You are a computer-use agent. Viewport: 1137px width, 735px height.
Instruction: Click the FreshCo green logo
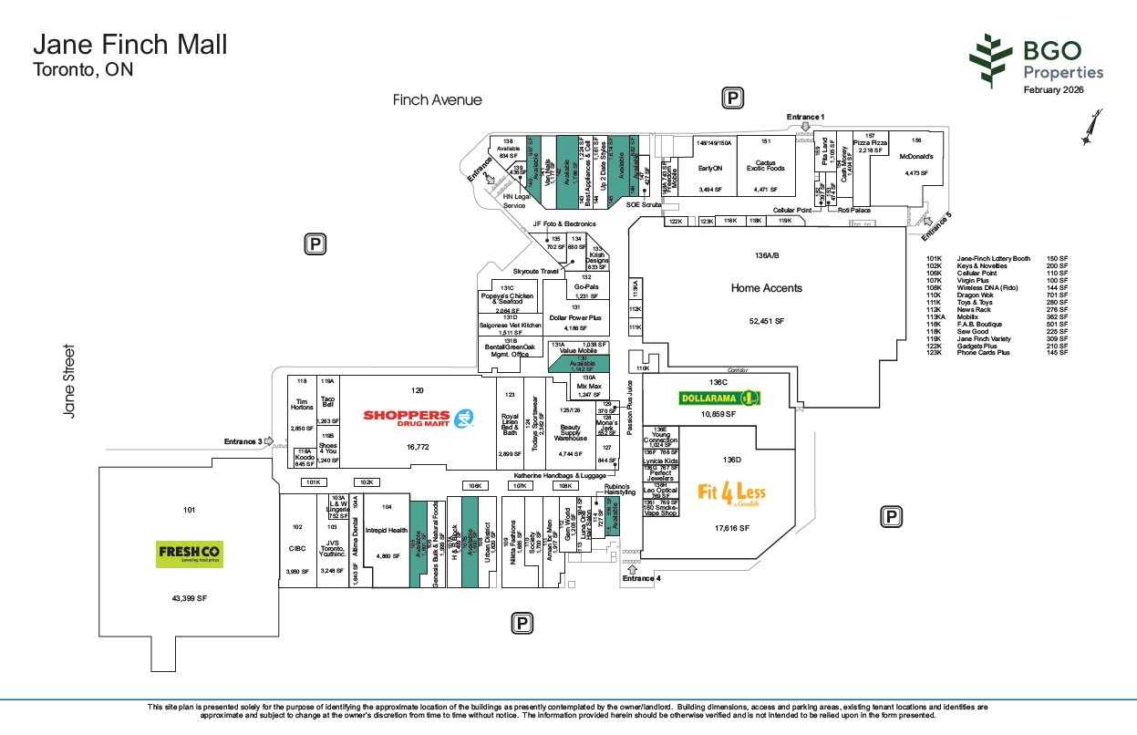[189, 554]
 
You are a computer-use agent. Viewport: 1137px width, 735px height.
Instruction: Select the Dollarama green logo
[719, 398]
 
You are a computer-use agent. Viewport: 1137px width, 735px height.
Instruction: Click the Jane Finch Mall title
[130, 44]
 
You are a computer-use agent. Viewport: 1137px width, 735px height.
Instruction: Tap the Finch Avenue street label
[438, 99]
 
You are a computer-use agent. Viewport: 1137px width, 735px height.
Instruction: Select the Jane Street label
[69, 380]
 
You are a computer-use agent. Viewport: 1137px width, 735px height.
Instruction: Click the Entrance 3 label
[243, 442]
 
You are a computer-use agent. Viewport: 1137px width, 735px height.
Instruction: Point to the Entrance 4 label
[641, 578]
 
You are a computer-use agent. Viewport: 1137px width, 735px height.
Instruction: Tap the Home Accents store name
[767, 288]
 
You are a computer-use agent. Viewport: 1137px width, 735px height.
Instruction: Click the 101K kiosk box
[315, 482]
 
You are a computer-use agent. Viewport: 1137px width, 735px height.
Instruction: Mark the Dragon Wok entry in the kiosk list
[976, 295]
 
